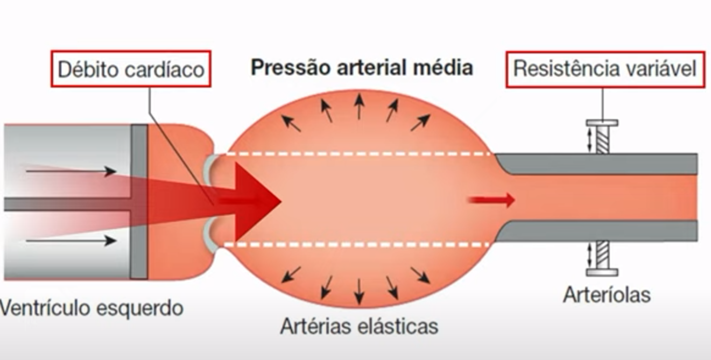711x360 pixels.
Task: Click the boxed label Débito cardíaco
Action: (131, 69)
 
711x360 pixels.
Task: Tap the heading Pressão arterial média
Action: (362, 68)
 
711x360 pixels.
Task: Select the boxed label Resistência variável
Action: (604, 69)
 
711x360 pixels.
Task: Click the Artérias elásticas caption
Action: (359, 326)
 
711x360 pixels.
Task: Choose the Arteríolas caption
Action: (607, 294)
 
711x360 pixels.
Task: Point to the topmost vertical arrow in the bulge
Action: (359, 107)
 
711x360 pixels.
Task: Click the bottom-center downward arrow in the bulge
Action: (359, 291)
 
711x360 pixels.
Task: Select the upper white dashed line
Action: (358, 154)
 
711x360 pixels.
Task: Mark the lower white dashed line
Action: (358, 245)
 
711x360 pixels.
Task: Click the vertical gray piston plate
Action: (139, 202)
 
